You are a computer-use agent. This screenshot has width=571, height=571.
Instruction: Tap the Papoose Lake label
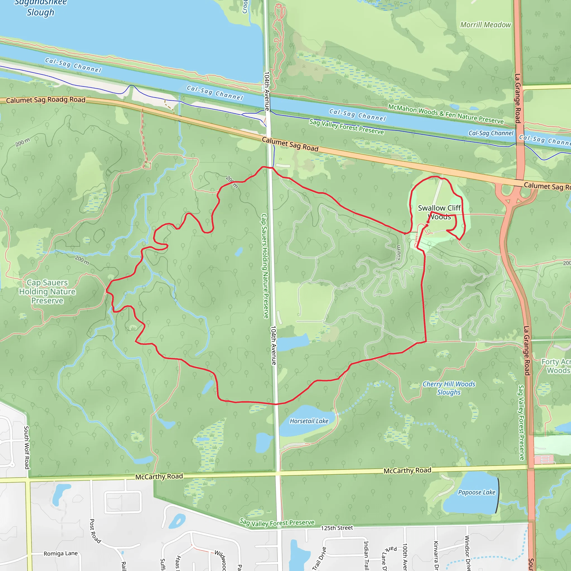(476, 492)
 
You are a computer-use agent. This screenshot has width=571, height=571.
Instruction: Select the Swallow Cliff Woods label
(439, 212)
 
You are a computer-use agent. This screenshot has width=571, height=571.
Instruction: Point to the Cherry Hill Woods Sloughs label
(449, 388)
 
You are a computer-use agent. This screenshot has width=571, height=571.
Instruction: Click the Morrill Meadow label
(486, 25)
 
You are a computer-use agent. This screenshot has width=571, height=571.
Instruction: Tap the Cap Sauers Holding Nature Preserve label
(47, 292)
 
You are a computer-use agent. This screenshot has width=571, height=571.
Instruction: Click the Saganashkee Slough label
(40, 8)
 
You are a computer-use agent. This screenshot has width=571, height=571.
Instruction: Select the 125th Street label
(337, 528)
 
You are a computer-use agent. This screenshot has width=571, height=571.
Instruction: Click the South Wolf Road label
(26, 447)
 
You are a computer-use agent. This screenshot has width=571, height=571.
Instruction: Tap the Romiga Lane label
(61, 553)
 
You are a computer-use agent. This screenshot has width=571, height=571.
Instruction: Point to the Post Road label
(95, 531)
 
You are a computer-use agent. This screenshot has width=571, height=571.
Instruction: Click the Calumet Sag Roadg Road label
(45, 100)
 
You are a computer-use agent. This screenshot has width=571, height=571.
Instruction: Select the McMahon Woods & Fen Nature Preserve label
(446, 114)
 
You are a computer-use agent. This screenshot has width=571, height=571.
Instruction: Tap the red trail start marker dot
(427, 225)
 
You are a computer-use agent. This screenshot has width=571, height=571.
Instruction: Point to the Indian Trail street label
(366, 555)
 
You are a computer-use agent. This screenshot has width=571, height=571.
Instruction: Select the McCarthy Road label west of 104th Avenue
(159, 476)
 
